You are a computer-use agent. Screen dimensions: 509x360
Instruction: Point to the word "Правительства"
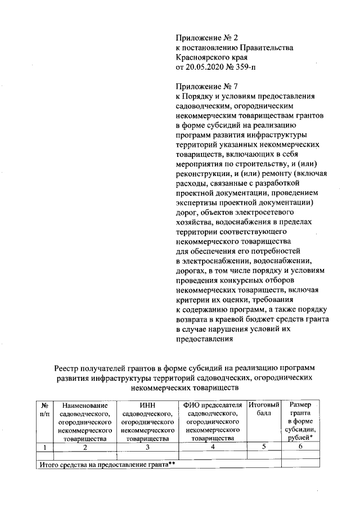267,48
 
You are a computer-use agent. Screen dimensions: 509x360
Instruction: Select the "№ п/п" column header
44,408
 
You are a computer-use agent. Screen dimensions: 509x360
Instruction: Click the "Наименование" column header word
84,405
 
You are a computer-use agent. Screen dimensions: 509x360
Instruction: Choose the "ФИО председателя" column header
213,405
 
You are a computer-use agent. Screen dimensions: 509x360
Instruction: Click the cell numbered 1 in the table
44,447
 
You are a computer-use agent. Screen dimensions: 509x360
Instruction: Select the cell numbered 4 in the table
213,447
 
